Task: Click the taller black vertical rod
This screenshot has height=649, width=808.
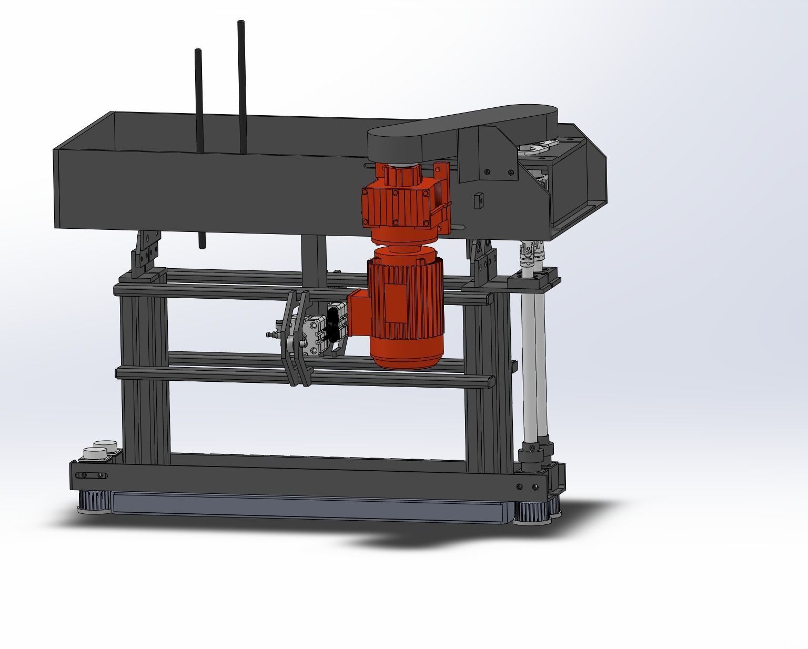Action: (241, 84)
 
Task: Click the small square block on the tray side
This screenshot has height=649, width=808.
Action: (478, 200)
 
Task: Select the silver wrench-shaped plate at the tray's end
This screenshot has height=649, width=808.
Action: (539, 147)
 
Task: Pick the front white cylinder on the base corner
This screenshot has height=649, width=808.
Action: (95, 453)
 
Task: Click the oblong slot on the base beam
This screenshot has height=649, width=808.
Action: (93, 475)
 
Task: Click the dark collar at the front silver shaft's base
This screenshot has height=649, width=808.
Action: (529, 455)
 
